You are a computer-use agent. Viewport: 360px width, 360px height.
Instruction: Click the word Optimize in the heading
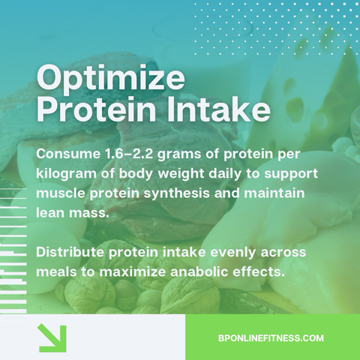click(x=111, y=79)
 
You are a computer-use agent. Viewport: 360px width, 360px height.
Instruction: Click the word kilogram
click(x=66, y=174)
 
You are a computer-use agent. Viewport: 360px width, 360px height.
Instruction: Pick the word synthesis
click(x=177, y=194)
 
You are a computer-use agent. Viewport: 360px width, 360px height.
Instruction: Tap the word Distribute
click(x=70, y=252)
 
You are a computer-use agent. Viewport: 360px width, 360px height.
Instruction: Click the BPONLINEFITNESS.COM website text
click(x=271, y=338)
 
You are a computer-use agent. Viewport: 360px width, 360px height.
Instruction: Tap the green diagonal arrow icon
click(x=52, y=338)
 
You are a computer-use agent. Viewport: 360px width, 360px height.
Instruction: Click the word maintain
click(x=274, y=193)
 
